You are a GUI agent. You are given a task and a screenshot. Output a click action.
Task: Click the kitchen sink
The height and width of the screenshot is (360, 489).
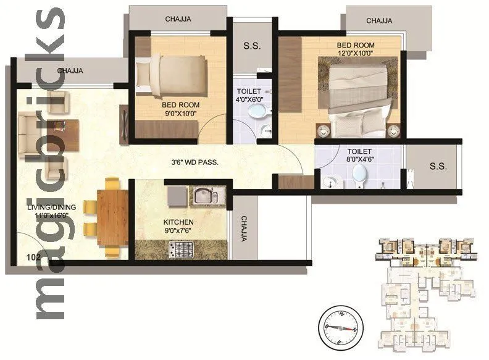pos(203,197)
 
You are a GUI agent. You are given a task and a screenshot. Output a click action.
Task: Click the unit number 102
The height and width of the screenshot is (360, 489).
pos(34,255)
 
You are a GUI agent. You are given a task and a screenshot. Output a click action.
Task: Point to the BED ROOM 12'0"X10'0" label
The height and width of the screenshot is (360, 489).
pos(355,49)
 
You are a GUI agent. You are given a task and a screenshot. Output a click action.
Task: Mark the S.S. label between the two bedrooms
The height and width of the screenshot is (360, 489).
pos(251,45)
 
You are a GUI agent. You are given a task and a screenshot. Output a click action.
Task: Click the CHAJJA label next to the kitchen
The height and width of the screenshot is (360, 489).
pos(244,228)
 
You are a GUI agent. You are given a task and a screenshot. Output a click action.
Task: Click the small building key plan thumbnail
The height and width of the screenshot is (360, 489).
pos(425,291)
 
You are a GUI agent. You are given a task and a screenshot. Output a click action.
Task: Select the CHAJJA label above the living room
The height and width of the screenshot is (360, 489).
pos(70,71)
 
